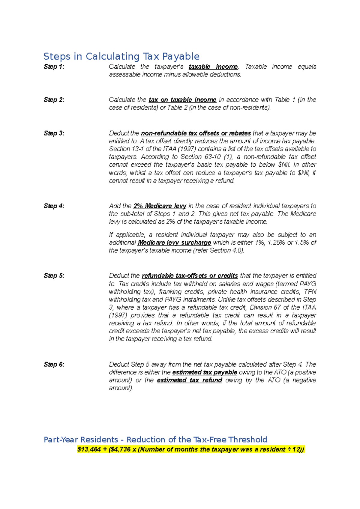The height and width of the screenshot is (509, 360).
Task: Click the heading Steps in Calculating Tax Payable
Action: pyautogui.click(x=121, y=56)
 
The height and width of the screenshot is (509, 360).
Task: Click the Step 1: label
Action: pyautogui.click(x=54, y=67)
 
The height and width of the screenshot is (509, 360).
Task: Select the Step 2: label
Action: pyautogui.click(x=54, y=100)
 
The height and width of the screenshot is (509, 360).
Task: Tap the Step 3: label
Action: pyautogui.click(x=54, y=133)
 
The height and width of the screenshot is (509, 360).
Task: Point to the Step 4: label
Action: pyautogui.click(x=54, y=206)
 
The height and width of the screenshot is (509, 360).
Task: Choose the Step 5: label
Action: pyautogui.click(x=54, y=275)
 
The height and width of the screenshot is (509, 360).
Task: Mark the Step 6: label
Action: pyautogui.click(x=54, y=364)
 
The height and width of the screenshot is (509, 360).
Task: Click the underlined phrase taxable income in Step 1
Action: pyautogui.click(x=213, y=67)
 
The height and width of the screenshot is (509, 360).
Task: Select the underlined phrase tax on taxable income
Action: pyautogui.click(x=182, y=100)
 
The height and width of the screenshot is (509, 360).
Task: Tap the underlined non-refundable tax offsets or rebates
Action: pyautogui.click(x=196, y=133)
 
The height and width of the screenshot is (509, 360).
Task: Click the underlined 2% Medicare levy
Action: pyautogui.click(x=160, y=206)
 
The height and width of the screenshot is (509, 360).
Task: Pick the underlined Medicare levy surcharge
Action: pyautogui.click(x=174, y=243)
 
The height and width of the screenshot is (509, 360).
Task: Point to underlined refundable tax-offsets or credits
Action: pyautogui.click(x=190, y=275)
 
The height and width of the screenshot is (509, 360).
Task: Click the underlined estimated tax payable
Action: pyautogui.click(x=205, y=372)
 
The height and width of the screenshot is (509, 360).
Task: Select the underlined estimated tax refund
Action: pyautogui.click(x=189, y=380)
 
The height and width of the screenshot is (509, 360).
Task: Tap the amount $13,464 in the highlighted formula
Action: pyautogui.click(x=89, y=449)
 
